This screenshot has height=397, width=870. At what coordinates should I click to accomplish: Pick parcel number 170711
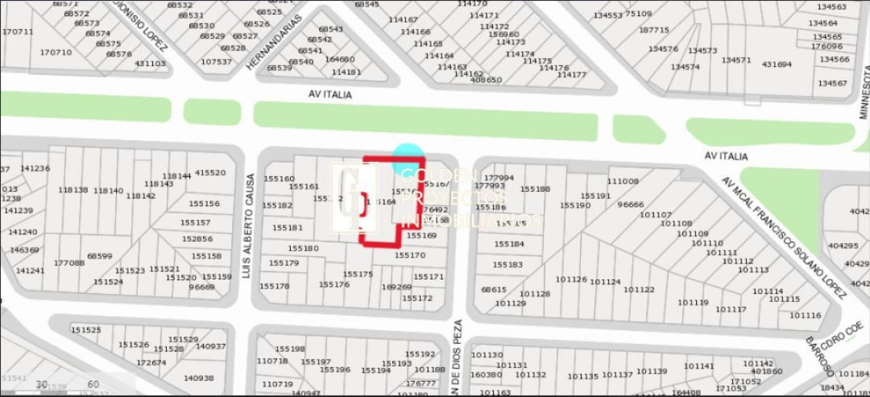tap(17, 32)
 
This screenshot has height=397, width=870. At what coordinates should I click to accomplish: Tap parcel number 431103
tap(150, 63)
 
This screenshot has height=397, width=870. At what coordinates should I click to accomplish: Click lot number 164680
tap(340, 60)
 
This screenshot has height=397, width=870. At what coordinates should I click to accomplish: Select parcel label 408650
tap(486, 80)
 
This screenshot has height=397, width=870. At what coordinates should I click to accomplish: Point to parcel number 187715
tap(654, 30)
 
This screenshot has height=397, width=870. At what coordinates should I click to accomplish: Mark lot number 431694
tap(776, 65)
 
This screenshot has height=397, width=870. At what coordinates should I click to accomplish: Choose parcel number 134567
tap(832, 83)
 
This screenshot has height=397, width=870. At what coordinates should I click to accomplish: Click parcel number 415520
tap(210, 173)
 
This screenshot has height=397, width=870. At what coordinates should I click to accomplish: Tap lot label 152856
tap(197, 239)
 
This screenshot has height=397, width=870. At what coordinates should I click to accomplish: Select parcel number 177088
tap(69, 263)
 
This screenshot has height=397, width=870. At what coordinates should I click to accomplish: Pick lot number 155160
tap(279, 179)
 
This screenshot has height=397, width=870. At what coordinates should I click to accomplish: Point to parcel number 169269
tap(396, 287)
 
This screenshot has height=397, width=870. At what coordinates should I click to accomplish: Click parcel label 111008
tap(623, 181)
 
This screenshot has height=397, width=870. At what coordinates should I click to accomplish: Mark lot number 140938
tap(199, 377)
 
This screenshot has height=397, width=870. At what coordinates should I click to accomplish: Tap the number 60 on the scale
tap(93, 384)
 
